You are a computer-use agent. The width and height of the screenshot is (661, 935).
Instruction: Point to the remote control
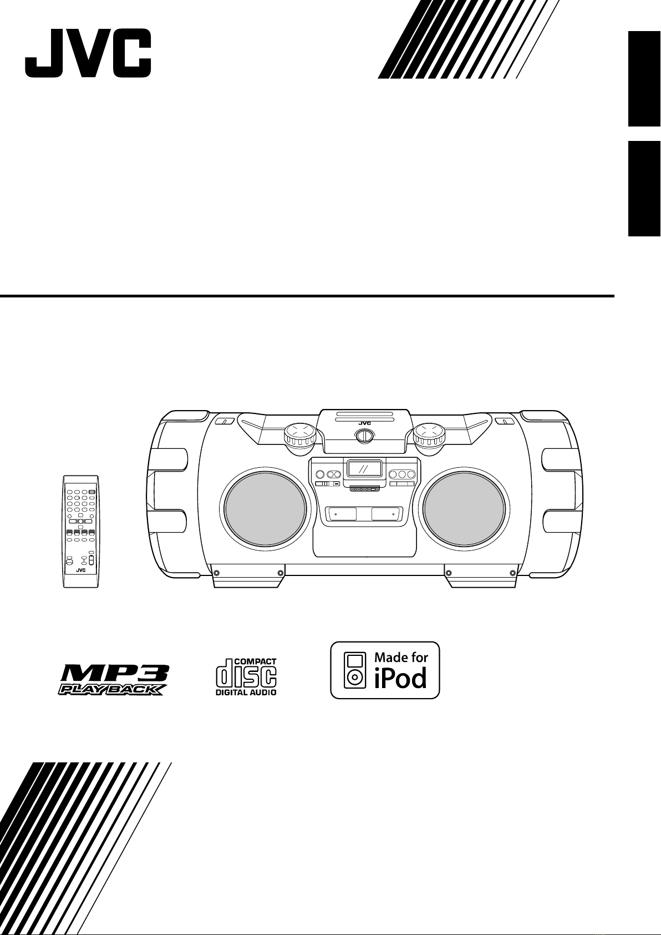click(80, 530)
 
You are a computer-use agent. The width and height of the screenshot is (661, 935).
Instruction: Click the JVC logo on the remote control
click(80, 570)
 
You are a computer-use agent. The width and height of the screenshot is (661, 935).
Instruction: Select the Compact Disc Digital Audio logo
click(246, 676)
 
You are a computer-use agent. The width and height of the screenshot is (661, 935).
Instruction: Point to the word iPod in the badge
click(401, 679)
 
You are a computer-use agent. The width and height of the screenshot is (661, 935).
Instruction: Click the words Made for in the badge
click(401, 658)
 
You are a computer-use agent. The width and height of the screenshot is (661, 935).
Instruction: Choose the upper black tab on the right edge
click(644, 79)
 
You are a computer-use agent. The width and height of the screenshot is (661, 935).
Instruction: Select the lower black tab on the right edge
click(644, 189)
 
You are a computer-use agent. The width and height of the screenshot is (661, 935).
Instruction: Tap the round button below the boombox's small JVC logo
click(364, 436)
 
